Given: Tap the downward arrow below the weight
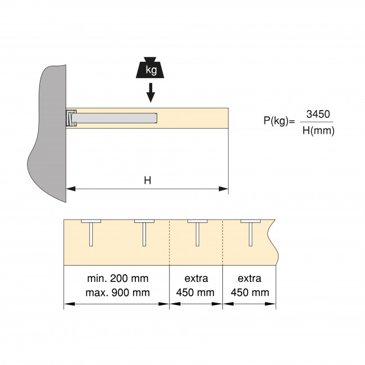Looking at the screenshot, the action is [x=150, y=93].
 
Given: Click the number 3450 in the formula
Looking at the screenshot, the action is [x=318, y=115].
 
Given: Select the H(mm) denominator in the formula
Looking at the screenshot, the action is [x=318, y=131].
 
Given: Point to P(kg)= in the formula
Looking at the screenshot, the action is [x=279, y=121].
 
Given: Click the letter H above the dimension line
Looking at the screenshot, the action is [x=148, y=181].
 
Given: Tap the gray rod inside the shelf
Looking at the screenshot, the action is [x=114, y=118].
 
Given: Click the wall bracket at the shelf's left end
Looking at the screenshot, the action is [x=71, y=118].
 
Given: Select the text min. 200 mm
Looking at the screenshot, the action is [x=118, y=279].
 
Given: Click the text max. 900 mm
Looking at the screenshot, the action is [x=118, y=293].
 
